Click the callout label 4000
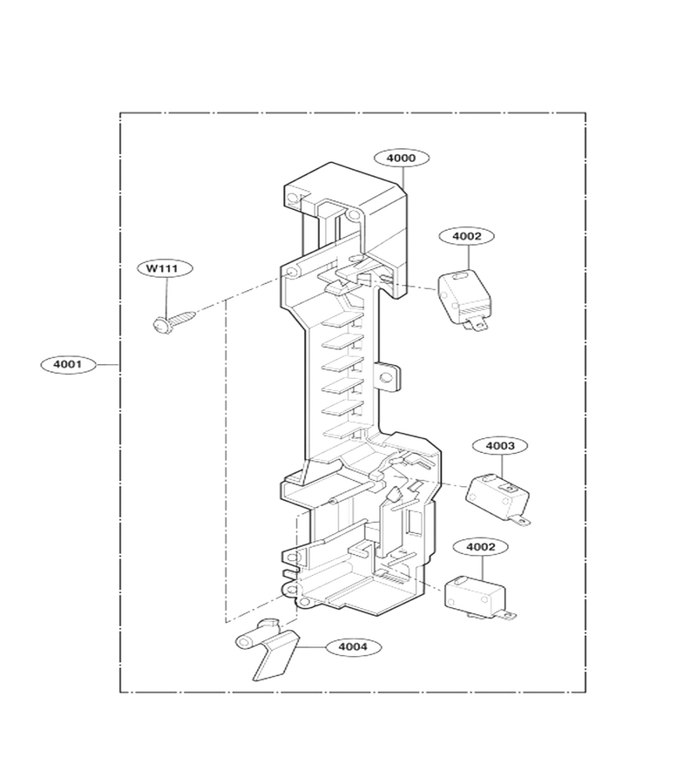[x=401, y=158]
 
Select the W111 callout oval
[x=165, y=268]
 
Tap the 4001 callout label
[x=67, y=364]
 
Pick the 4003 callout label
[x=500, y=445]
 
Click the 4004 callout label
[x=353, y=646]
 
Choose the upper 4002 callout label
[x=466, y=236]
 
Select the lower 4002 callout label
[x=481, y=547]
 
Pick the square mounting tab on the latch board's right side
[x=389, y=377]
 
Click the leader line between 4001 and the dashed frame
[x=107, y=365]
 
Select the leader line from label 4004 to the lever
[x=312, y=647]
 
